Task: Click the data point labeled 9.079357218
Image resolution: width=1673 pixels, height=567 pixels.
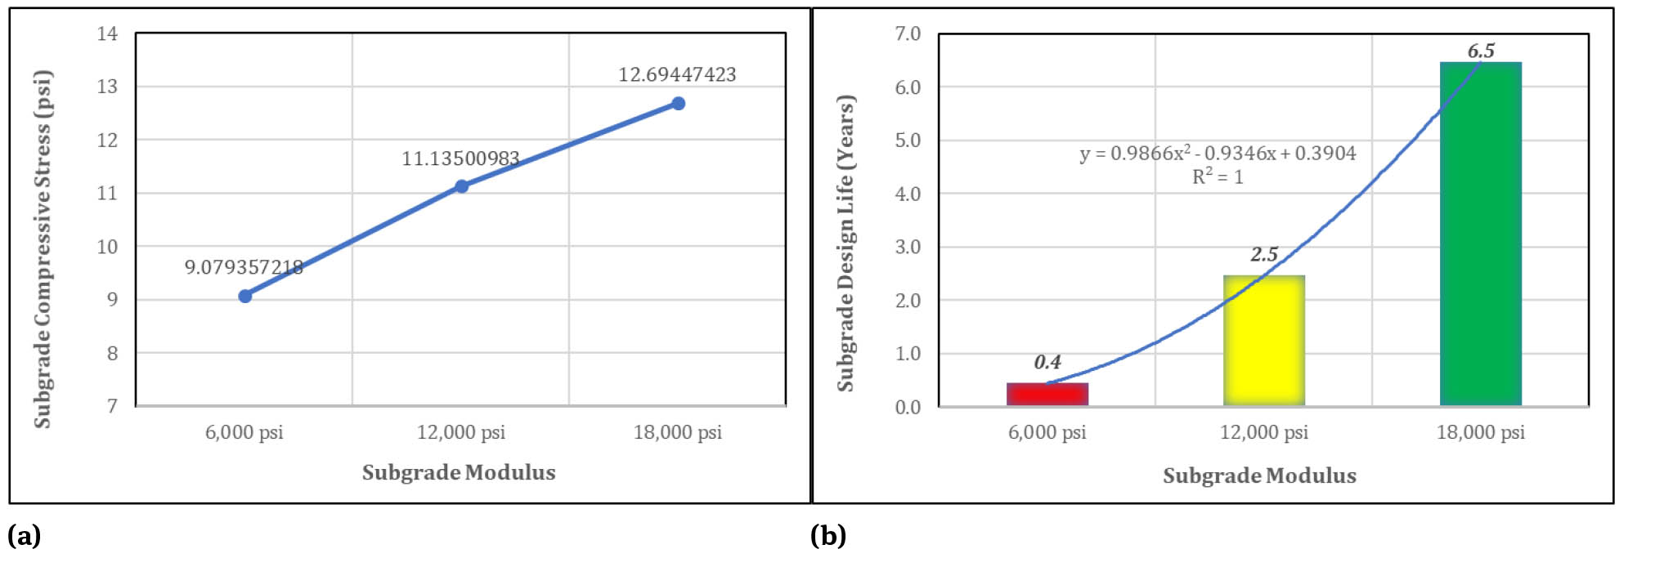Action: [244, 296]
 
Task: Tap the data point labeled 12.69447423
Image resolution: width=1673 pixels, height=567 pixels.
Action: [678, 104]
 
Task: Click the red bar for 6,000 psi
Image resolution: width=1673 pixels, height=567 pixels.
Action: [1047, 394]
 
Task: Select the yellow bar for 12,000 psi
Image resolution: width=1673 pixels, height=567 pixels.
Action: [1263, 340]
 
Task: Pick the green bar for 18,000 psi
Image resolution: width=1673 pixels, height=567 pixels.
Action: [1480, 234]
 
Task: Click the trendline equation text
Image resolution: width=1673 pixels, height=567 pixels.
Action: [1217, 154]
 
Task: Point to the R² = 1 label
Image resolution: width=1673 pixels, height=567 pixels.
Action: [1217, 176]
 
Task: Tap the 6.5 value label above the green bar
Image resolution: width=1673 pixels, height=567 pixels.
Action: [1480, 51]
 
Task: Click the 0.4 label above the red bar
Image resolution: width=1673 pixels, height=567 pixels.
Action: [1047, 362]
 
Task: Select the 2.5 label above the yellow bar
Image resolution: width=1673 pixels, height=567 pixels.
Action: [1263, 255]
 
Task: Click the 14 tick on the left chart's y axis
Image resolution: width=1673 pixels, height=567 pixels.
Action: [107, 33]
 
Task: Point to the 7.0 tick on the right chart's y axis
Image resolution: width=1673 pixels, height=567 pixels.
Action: [907, 33]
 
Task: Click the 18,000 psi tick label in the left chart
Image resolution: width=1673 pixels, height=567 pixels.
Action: [677, 432]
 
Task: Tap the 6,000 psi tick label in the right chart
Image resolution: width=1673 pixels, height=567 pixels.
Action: [1047, 432]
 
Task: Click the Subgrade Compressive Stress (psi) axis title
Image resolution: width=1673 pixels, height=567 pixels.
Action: [43, 249]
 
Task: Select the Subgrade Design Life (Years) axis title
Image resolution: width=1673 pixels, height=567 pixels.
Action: [845, 243]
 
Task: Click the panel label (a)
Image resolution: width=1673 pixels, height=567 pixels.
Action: [24, 536]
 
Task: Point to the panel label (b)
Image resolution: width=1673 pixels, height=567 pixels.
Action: [828, 536]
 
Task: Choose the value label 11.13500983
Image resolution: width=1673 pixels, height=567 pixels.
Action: [460, 158]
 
